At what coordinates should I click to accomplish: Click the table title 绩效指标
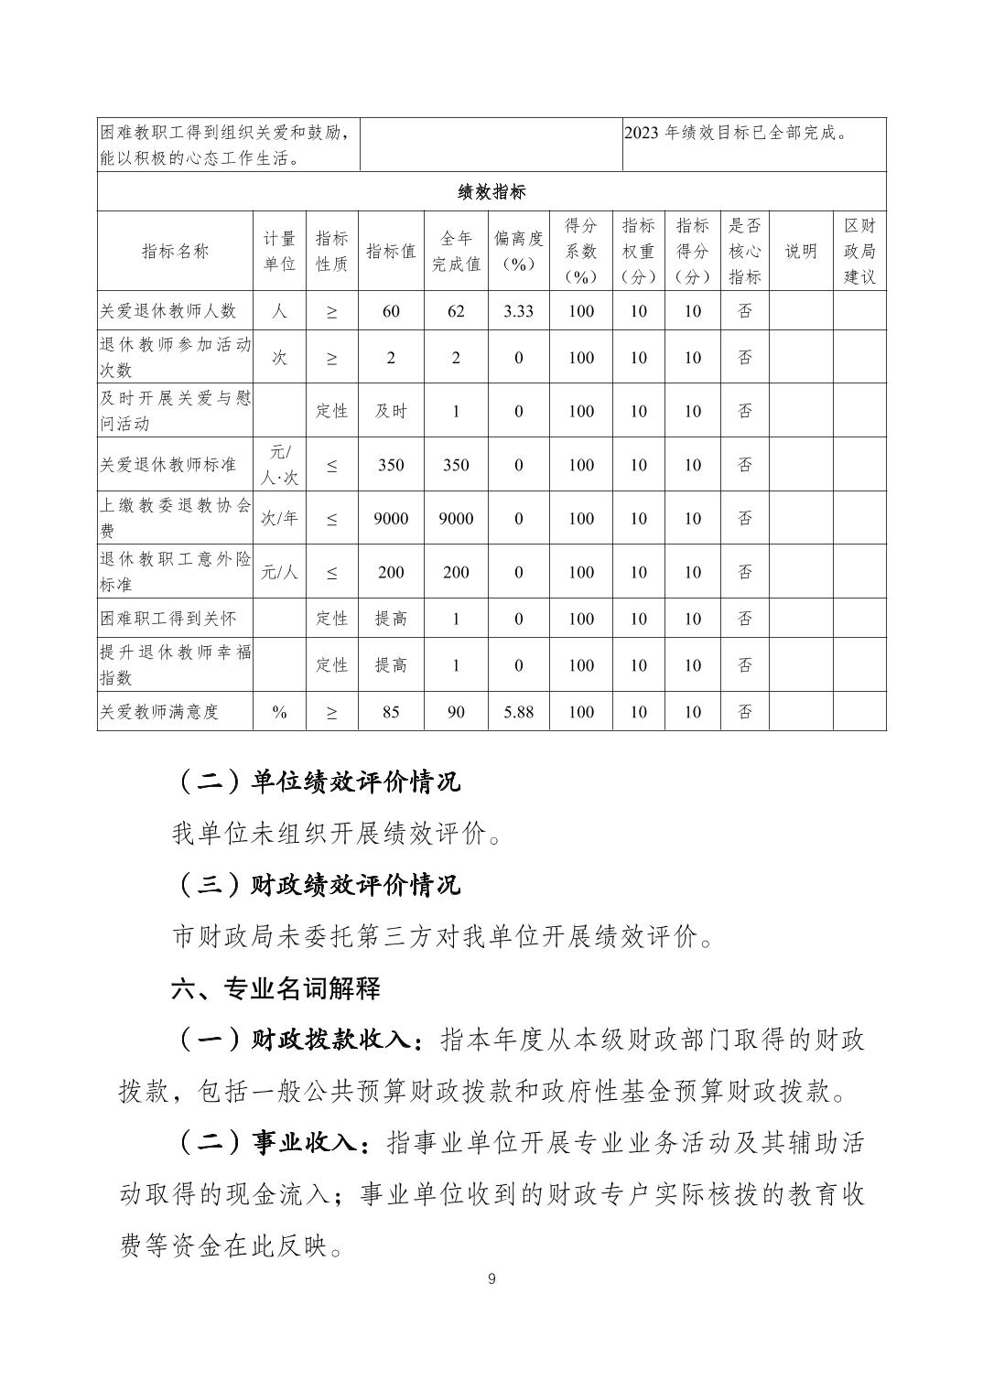tap(491, 192)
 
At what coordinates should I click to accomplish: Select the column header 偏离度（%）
tap(519, 251)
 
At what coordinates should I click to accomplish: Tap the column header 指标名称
tap(175, 252)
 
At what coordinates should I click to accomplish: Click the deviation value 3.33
tap(519, 311)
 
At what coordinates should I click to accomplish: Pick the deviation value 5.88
tap(519, 712)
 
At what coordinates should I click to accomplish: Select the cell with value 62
tap(456, 311)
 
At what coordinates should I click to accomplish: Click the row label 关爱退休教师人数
tap(168, 311)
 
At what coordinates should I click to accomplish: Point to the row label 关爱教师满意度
tap(160, 712)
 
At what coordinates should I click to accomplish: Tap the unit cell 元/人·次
tap(280, 464)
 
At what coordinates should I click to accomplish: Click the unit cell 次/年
tap(280, 518)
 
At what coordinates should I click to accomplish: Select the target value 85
tap(391, 712)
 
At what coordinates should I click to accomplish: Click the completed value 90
tap(456, 712)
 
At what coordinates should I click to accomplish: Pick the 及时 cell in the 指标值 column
tap(391, 411)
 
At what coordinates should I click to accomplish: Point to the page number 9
tap(491, 1279)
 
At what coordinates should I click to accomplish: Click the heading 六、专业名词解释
tap(275, 988)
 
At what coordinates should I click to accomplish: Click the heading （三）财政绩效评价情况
tap(317, 885)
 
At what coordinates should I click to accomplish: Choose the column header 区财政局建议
tap(859, 251)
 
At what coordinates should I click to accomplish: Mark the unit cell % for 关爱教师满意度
tap(280, 712)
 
